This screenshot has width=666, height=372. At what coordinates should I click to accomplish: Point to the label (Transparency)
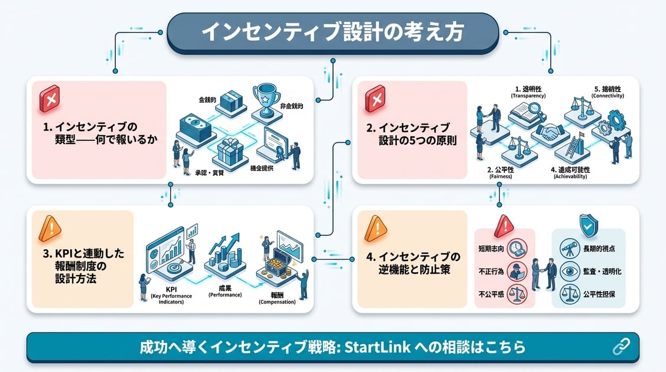528,95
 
